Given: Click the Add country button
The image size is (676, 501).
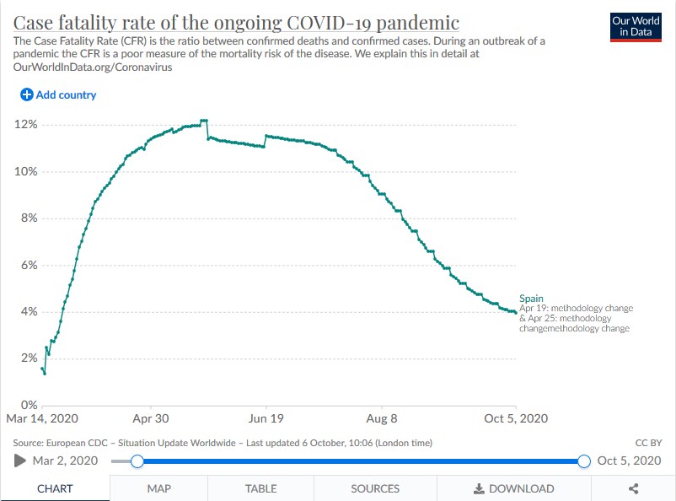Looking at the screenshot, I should pyautogui.click(x=58, y=95).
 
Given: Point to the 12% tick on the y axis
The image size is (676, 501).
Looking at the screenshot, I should pyautogui.click(x=26, y=125).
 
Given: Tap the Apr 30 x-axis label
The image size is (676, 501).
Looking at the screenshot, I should pyautogui.click(x=151, y=418).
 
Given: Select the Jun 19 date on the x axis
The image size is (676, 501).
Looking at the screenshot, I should pyautogui.click(x=266, y=418).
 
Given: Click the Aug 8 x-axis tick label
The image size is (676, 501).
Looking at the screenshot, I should pyautogui.click(x=381, y=418).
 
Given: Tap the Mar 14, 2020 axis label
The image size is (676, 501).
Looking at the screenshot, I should pyautogui.click(x=42, y=418).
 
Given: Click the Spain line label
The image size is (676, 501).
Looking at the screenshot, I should pyautogui.click(x=532, y=299).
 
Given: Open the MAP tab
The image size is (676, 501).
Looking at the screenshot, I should pyautogui.click(x=158, y=488).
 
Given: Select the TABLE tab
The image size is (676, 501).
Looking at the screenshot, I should pyautogui.click(x=260, y=488).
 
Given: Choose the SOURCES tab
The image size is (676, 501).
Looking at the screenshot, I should pyautogui.click(x=375, y=488).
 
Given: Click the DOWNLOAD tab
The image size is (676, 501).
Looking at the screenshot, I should pyautogui.click(x=513, y=488).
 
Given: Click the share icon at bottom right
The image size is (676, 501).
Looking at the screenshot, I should pyautogui.click(x=634, y=488).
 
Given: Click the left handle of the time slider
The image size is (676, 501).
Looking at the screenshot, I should pyautogui.click(x=137, y=461).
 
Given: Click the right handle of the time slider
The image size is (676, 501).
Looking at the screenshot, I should pyautogui.click(x=584, y=461).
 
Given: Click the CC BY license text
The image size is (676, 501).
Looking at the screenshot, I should pyautogui.click(x=649, y=442).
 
